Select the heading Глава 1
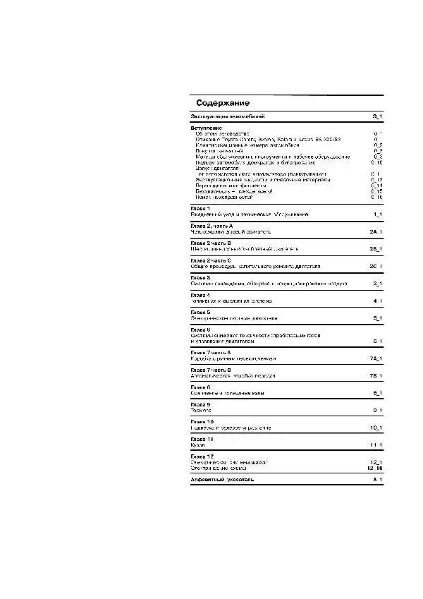click(x=201, y=208)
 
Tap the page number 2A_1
click(x=376, y=231)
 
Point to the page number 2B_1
click(x=376, y=249)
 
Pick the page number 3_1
click(x=377, y=284)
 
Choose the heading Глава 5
click(x=201, y=312)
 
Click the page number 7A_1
click(x=376, y=358)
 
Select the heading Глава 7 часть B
click(x=211, y=370)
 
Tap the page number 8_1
click(x=377, y=392)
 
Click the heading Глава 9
click(x=201, y=404)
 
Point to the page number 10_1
click(x=376, y=428)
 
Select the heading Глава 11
click(x=202, y=439)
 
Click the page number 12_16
click(x=374, y=467)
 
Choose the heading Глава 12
click(x=202, y=456)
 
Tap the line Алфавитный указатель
click(x=222, y=479)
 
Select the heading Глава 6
click(x=201, y=329)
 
